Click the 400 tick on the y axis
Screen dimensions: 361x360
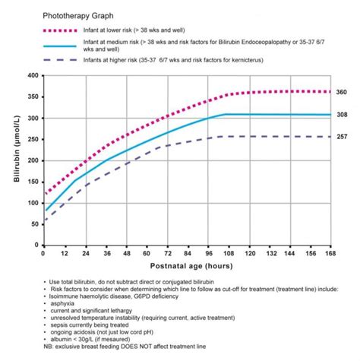pos(31,75)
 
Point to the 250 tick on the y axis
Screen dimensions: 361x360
pos(31,140)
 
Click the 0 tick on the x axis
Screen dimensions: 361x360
pos(43,255)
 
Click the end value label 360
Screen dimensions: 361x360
pos(341,92)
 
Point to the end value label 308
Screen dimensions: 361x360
pos(341,115)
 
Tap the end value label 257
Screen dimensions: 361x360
pos(341,137)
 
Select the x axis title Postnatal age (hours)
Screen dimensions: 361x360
pos(186,268)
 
